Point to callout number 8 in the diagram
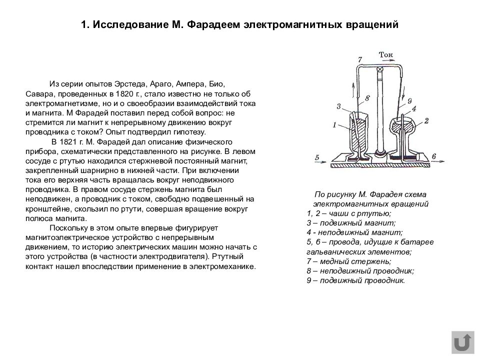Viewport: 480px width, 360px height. [x=367, y=98]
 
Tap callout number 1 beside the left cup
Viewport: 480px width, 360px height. [x=334, y=126]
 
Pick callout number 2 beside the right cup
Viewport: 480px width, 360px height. [x=426, y=120]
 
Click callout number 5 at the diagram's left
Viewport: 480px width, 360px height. [x=317, y=157]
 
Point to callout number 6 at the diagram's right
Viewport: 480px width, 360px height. [x=433, y=157]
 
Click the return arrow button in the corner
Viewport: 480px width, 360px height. [x=462, y=342]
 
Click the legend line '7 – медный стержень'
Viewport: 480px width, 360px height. [x=349, y=261]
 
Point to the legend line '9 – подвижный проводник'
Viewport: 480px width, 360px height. [x=355, y=280]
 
